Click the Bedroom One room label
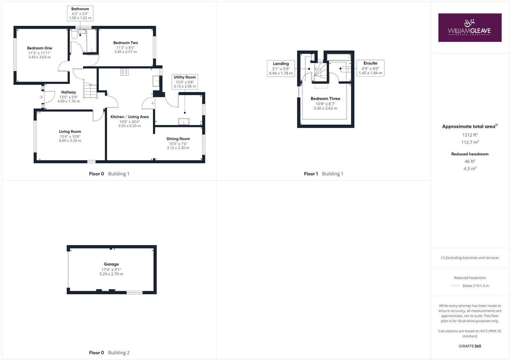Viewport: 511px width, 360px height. (x=40, y=48)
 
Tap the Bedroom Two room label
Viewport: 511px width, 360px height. (x=126, y=43)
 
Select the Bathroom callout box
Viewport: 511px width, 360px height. (x=80, y=13)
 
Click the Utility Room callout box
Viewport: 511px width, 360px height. (x=185, y=82)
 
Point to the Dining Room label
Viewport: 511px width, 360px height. (x=178, y=139)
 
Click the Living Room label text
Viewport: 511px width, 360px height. (x=70, y=131)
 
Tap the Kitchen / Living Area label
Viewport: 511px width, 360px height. (x=129, y=117)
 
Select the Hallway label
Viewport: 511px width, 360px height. (x=69, y=92)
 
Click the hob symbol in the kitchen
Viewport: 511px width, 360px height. (x=125, y=72)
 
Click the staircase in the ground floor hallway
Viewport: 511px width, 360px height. (x=90, y=90)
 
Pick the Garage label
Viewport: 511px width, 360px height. (x=111, y=264)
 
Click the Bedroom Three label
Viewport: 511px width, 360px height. (x=325, y=99)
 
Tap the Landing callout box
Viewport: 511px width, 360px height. (x=281, y=68)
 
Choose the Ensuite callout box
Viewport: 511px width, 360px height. (x=370, y=68)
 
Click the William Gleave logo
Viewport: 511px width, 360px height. (x=470, y=27)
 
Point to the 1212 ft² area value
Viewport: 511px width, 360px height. (x=470, y=135)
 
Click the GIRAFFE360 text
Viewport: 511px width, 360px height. (x=470, y=346)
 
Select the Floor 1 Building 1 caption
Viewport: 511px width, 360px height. (x=324, y=174)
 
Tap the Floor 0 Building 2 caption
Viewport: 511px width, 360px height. (x=109, y=353)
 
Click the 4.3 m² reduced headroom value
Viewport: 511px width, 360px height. (x=470, y=169)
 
